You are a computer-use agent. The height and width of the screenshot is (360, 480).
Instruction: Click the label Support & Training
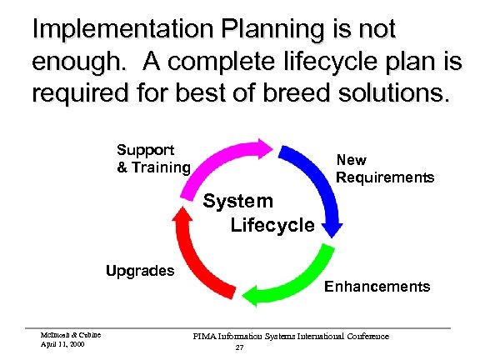152,158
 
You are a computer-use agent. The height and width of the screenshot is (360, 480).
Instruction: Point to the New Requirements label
384,168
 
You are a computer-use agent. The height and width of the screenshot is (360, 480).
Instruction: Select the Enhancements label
377,287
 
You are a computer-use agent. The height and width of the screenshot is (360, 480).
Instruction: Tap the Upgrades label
139,271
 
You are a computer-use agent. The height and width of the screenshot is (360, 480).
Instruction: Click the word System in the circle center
238,201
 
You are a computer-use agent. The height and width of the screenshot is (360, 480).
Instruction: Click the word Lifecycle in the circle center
272,224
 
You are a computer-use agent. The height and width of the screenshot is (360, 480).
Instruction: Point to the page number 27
239,347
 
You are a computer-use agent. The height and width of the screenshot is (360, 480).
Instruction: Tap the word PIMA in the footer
205,336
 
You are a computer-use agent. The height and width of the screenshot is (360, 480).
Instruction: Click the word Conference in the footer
367,336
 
